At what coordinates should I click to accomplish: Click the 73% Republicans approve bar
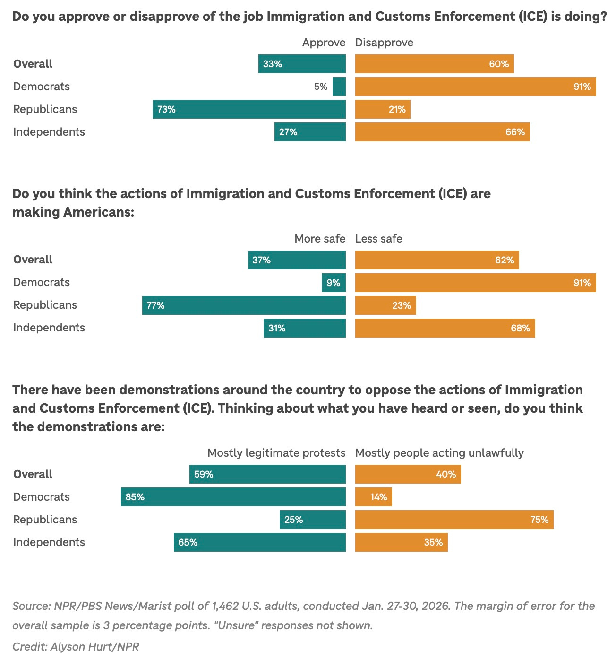tap(249, 109)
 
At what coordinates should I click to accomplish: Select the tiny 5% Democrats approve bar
tap(339, 87)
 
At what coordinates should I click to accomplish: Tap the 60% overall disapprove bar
tap(434, 64)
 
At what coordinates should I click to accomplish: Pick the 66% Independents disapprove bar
tap(442, 132)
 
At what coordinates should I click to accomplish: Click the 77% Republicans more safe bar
tap(244, 305)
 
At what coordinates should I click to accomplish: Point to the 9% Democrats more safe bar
tap(334, 283)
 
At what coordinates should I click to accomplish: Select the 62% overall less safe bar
tap(437, 260)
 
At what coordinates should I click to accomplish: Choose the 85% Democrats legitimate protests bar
tap(233, 497)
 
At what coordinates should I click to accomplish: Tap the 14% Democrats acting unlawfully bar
tap(373, 497)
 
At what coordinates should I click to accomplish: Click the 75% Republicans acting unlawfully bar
tap(454, 520)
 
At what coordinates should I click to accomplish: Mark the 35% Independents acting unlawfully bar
tap(401, 542)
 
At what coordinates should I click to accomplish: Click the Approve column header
tap(324, 43)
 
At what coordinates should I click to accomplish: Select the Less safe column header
tap(378, 239)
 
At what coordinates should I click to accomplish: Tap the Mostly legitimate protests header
tap(276, 453)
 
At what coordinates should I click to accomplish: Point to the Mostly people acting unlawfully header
tap(439, 453)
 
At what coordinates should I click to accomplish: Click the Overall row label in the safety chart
tap(33, 260)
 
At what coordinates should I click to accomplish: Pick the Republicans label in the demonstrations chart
tap(45, 520)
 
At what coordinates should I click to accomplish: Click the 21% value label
tap(397, 109)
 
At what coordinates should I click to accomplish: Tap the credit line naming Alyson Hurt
tap(76, 646)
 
